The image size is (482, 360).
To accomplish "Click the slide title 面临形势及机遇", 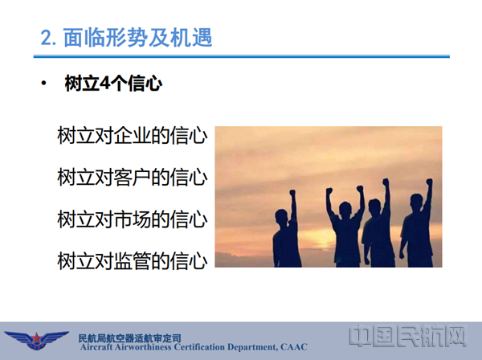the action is click(137, 38).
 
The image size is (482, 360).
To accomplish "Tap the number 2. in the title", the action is click(48, 38).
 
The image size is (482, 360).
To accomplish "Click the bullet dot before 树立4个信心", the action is click(44, 83).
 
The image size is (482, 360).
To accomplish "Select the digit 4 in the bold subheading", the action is click(104, 83).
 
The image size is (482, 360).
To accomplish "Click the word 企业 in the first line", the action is click(133, 135).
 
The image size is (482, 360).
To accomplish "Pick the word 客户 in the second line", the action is click(133, 178).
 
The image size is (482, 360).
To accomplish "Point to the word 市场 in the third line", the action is click(133, 219).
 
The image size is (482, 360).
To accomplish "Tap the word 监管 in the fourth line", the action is click(133, 261).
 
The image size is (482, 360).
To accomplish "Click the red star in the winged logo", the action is click(37, 338).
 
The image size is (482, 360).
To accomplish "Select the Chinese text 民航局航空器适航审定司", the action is click(129, 337).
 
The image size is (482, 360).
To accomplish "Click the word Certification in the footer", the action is click(199, 347).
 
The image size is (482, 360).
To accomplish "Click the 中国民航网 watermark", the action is click(407, 336).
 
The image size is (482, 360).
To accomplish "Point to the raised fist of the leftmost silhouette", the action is click(292, 193).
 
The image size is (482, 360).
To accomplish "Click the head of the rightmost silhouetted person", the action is click(417, 202).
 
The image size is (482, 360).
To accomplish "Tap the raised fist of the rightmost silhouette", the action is click(429, 182).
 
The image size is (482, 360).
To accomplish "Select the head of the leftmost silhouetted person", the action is click(281, 217).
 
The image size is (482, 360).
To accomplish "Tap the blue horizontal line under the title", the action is click(242, 56).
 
